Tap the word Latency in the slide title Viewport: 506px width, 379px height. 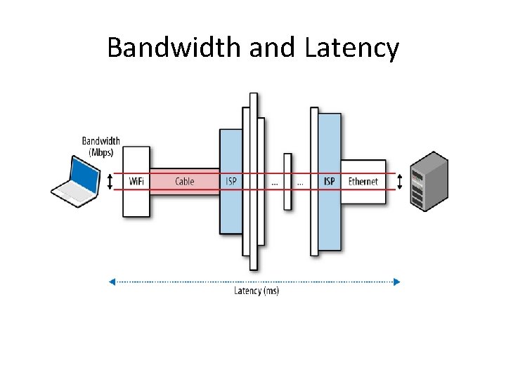click(352, 48)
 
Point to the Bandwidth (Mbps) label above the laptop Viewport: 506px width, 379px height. click(101, 146)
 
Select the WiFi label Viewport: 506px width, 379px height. click(136, 182)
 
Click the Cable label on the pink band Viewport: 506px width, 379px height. click(184, 182)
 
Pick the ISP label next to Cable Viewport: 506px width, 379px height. click(231, 182)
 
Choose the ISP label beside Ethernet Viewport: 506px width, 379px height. click(329, 182)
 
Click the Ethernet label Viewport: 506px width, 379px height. click(363, 182)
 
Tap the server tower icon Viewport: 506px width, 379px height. click(429, 181)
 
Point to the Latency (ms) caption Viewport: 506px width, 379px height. click(257, 291)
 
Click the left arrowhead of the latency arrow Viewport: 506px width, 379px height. click(112, 281)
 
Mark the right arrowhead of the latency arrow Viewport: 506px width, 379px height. click(397, 281)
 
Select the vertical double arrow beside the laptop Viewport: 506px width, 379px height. click(110, 182)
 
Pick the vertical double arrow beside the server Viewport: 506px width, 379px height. click(400, 182)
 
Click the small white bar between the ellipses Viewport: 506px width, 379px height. click(287, 181)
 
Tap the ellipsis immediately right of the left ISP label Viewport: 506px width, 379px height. click(274, 182)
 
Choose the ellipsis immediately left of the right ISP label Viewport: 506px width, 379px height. click(300, 182)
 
